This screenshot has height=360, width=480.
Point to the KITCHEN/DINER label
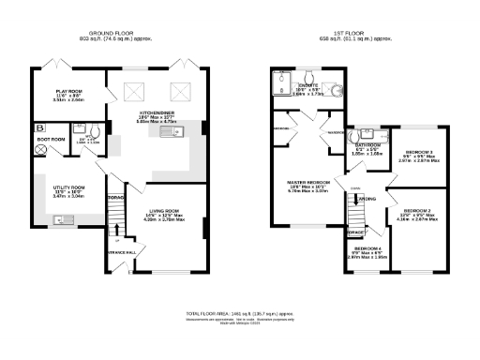[157, 111]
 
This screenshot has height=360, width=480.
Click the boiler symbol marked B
[40, 127]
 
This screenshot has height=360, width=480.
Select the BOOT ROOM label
[51, 140]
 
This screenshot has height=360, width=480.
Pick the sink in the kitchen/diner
[172, 137]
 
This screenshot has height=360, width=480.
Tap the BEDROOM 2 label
[418, 215]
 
